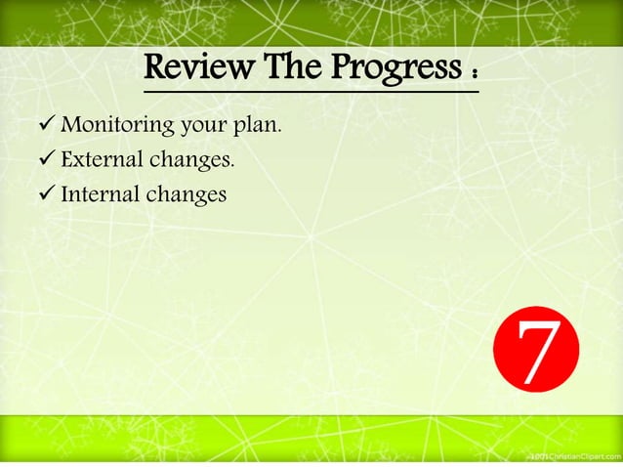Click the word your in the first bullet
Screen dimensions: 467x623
pos(203,126)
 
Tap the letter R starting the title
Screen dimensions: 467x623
pos(155,69)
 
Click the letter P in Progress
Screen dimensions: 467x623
pos(336,69)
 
